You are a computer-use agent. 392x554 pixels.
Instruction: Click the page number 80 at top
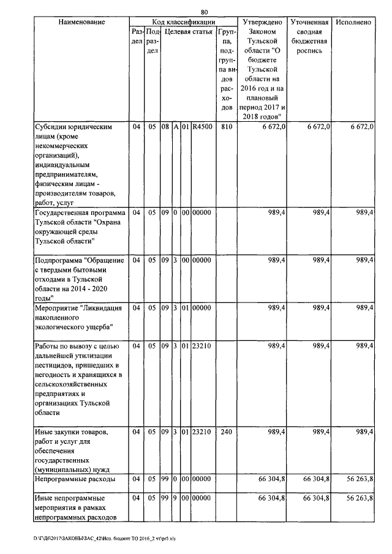click(x=204, y=11)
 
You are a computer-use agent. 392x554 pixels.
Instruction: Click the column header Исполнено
click(x=353, y=22)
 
